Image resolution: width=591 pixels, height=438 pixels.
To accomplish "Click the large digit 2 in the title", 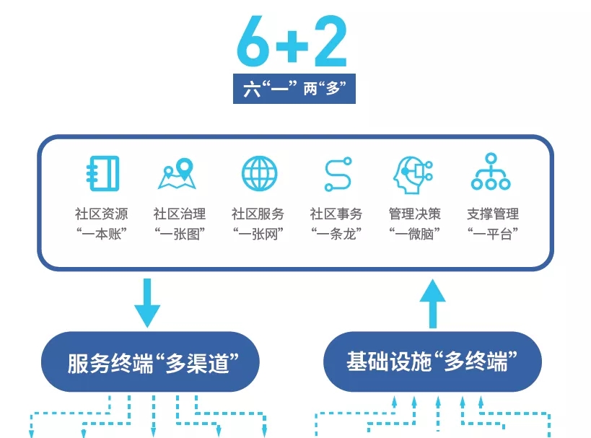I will pyautogui.click(x=329, y=42).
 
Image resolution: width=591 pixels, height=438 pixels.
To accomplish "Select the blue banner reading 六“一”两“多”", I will pyautogui.click(x=294, y=89).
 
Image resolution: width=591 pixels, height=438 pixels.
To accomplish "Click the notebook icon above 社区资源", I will pyautogui.click(x=101, y=173).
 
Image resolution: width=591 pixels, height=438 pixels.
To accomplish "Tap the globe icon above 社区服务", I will pyautogui.click(x=258, y=173).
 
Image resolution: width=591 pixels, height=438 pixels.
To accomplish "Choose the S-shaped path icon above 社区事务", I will pyautogui.click(x=337, y=174).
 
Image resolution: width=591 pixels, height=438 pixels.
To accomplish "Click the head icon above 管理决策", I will pyautogui.click(x=414, y=174).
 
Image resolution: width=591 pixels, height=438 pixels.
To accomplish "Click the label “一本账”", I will pyautogui.click(x=101, y=233).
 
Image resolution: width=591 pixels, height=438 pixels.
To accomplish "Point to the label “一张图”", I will pyautogui.click(x=180, y=233).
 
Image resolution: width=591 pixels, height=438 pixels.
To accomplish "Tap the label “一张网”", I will pyautogui.click(x=258, y=233).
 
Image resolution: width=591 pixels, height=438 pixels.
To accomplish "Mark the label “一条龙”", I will pyautogui.click(x=336, y=233).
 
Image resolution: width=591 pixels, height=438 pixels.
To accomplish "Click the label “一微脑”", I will pyautogui.click(x=415, y=233).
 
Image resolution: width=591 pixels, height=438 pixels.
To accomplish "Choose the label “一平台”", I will pyautogui.click(x=493, y=233).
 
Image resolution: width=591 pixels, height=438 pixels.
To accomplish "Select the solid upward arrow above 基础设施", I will pyautogui.click(x=433, y=302).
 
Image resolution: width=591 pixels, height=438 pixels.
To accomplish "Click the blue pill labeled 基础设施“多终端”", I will pyautogui.click(x=433, y=362).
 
